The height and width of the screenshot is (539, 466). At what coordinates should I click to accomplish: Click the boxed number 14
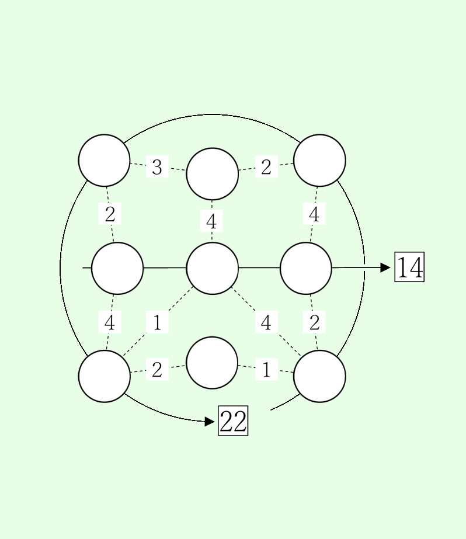coord(409,267)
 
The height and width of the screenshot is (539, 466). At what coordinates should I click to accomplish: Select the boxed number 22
coord(233,420)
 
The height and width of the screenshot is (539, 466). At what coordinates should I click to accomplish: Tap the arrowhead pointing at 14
coord(385,267)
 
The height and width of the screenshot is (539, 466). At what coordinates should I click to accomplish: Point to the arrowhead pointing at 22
coord(210,421)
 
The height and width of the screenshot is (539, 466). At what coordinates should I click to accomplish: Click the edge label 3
coord(157,168)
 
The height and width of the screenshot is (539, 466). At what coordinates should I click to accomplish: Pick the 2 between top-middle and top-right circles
coord(266,168)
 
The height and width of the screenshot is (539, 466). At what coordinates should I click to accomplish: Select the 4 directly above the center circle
coord(211,222)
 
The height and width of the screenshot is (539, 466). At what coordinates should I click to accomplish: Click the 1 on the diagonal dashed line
coord(157,322)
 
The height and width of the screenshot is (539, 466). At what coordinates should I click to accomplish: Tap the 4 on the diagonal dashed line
coord(266,322)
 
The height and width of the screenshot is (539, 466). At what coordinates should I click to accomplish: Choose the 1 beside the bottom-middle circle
coord(266,370)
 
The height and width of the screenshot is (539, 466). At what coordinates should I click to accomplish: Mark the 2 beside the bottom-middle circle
coord(157,370)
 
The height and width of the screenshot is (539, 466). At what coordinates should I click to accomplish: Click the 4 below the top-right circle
coord(314,215)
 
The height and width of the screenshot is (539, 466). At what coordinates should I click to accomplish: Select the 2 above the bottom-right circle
coord(314,322)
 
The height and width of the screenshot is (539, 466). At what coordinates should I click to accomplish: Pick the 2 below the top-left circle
coord(110,215)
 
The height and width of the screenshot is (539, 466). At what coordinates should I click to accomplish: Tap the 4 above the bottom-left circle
coord(110,322)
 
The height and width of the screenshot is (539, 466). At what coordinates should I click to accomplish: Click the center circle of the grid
coord(212,268)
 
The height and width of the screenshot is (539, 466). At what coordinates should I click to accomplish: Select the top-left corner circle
coord(105,161)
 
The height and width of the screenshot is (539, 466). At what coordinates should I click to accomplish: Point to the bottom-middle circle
coord(212,363)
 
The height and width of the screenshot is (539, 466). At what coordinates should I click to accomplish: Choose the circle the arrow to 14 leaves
coord(306,268)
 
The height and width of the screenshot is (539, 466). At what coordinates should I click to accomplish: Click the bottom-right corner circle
coord(319,376)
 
